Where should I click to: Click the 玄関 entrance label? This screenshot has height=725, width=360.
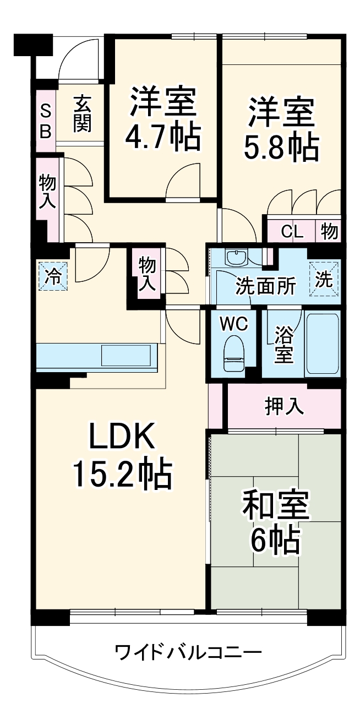pos(81,114)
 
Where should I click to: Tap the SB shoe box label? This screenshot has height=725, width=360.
pos(46,122)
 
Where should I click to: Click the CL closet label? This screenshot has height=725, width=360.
pos(292,232)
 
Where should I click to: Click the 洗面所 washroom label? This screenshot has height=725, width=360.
pos(266,286)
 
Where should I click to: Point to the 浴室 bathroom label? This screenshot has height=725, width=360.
pos(283,344)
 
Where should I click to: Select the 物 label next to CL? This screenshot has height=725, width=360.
pos(329,232)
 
